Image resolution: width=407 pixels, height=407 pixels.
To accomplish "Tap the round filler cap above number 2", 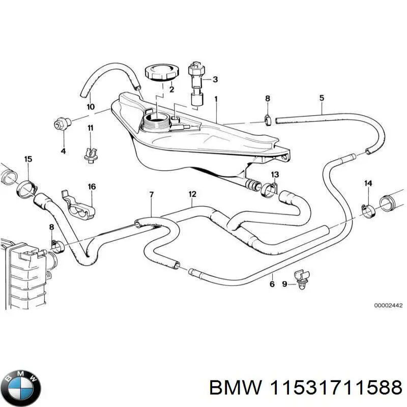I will [160, 73].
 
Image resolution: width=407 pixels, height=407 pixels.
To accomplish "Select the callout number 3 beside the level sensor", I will [215, 79].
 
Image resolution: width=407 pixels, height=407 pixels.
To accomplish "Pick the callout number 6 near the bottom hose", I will [272, 284].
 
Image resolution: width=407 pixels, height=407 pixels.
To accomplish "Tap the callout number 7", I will [151, 195].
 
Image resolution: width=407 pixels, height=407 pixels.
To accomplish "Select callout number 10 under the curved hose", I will [90, 107].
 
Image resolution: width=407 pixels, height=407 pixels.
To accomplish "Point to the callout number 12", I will [192, 194].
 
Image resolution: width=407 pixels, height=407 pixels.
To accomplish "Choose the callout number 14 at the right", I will [368, 183].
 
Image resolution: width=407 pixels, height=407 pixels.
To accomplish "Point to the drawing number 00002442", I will [388, 306].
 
